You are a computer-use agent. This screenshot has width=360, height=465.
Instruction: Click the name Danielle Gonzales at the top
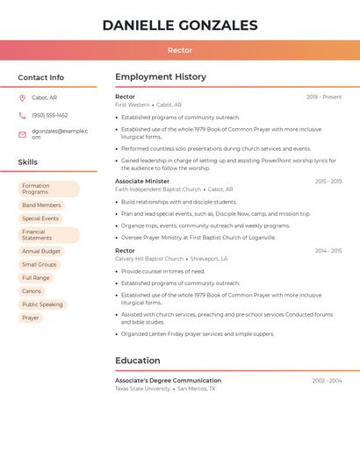180,25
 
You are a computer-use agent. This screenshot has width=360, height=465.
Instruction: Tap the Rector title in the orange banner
180,50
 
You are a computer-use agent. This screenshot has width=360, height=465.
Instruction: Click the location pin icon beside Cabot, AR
22,97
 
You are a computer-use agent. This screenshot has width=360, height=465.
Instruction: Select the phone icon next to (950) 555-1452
22,115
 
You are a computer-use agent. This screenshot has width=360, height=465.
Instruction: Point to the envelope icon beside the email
22,134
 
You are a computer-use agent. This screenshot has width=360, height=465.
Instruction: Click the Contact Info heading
40,77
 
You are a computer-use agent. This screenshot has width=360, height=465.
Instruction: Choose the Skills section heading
27,162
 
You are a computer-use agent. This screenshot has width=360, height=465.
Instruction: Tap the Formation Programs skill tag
48,189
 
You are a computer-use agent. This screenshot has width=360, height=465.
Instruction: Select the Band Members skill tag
41,205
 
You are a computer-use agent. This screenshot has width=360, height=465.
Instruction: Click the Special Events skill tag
40,218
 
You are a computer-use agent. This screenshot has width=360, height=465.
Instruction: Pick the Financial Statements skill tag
48,235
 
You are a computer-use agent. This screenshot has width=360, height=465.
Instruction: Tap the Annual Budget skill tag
41,251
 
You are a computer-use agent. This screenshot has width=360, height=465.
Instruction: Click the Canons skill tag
32,291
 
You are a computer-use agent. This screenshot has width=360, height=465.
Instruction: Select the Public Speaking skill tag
42,304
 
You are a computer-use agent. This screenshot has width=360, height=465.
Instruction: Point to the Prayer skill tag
31,318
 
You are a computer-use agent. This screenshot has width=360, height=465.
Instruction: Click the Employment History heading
161,77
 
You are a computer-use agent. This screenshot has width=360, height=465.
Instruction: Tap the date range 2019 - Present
324,97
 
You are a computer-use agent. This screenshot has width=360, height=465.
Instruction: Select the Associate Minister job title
142,181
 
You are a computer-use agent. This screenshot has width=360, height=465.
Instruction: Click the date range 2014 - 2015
328,251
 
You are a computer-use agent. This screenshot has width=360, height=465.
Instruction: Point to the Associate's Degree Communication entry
168,380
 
